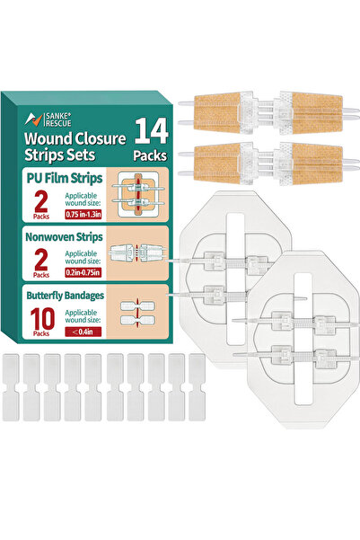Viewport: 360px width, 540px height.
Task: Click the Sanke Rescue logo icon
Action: click(x=33, y=120)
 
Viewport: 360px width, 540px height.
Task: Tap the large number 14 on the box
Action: click(x=152, y=131)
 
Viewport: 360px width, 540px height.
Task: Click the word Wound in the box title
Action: click(x=48, y=138)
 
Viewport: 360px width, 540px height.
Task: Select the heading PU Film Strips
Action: click(x=65, y=179)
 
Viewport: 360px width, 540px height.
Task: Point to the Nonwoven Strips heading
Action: click(x=64, y=237)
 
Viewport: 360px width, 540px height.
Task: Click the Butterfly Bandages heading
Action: click(x=65, y=296)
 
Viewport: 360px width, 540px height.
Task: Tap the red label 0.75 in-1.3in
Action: click(x=83, y=214)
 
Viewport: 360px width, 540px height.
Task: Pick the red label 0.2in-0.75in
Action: click(x=83, y=273)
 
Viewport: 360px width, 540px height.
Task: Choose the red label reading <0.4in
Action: click(x=83, y=332)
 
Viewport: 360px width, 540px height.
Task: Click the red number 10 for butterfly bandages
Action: click(x=42, y=319)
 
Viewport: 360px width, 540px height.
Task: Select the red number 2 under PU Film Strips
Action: click(x=41, y=201)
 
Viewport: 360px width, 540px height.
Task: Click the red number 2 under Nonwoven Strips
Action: click(x=41, y=260)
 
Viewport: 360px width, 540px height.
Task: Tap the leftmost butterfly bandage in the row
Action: click(x=11, y=387)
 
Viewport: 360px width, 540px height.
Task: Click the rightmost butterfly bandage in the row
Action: click(x=197, y=387)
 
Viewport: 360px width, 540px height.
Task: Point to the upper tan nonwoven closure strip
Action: click(x=268, y=112)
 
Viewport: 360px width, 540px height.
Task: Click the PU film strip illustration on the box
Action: click(x=138, y=195)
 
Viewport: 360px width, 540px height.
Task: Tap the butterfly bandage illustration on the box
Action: click(x=137, y=313)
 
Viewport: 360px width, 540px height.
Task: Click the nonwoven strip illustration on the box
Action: click(x=137, y=253)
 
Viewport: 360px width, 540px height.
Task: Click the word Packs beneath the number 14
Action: click(x=150, y=155)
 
